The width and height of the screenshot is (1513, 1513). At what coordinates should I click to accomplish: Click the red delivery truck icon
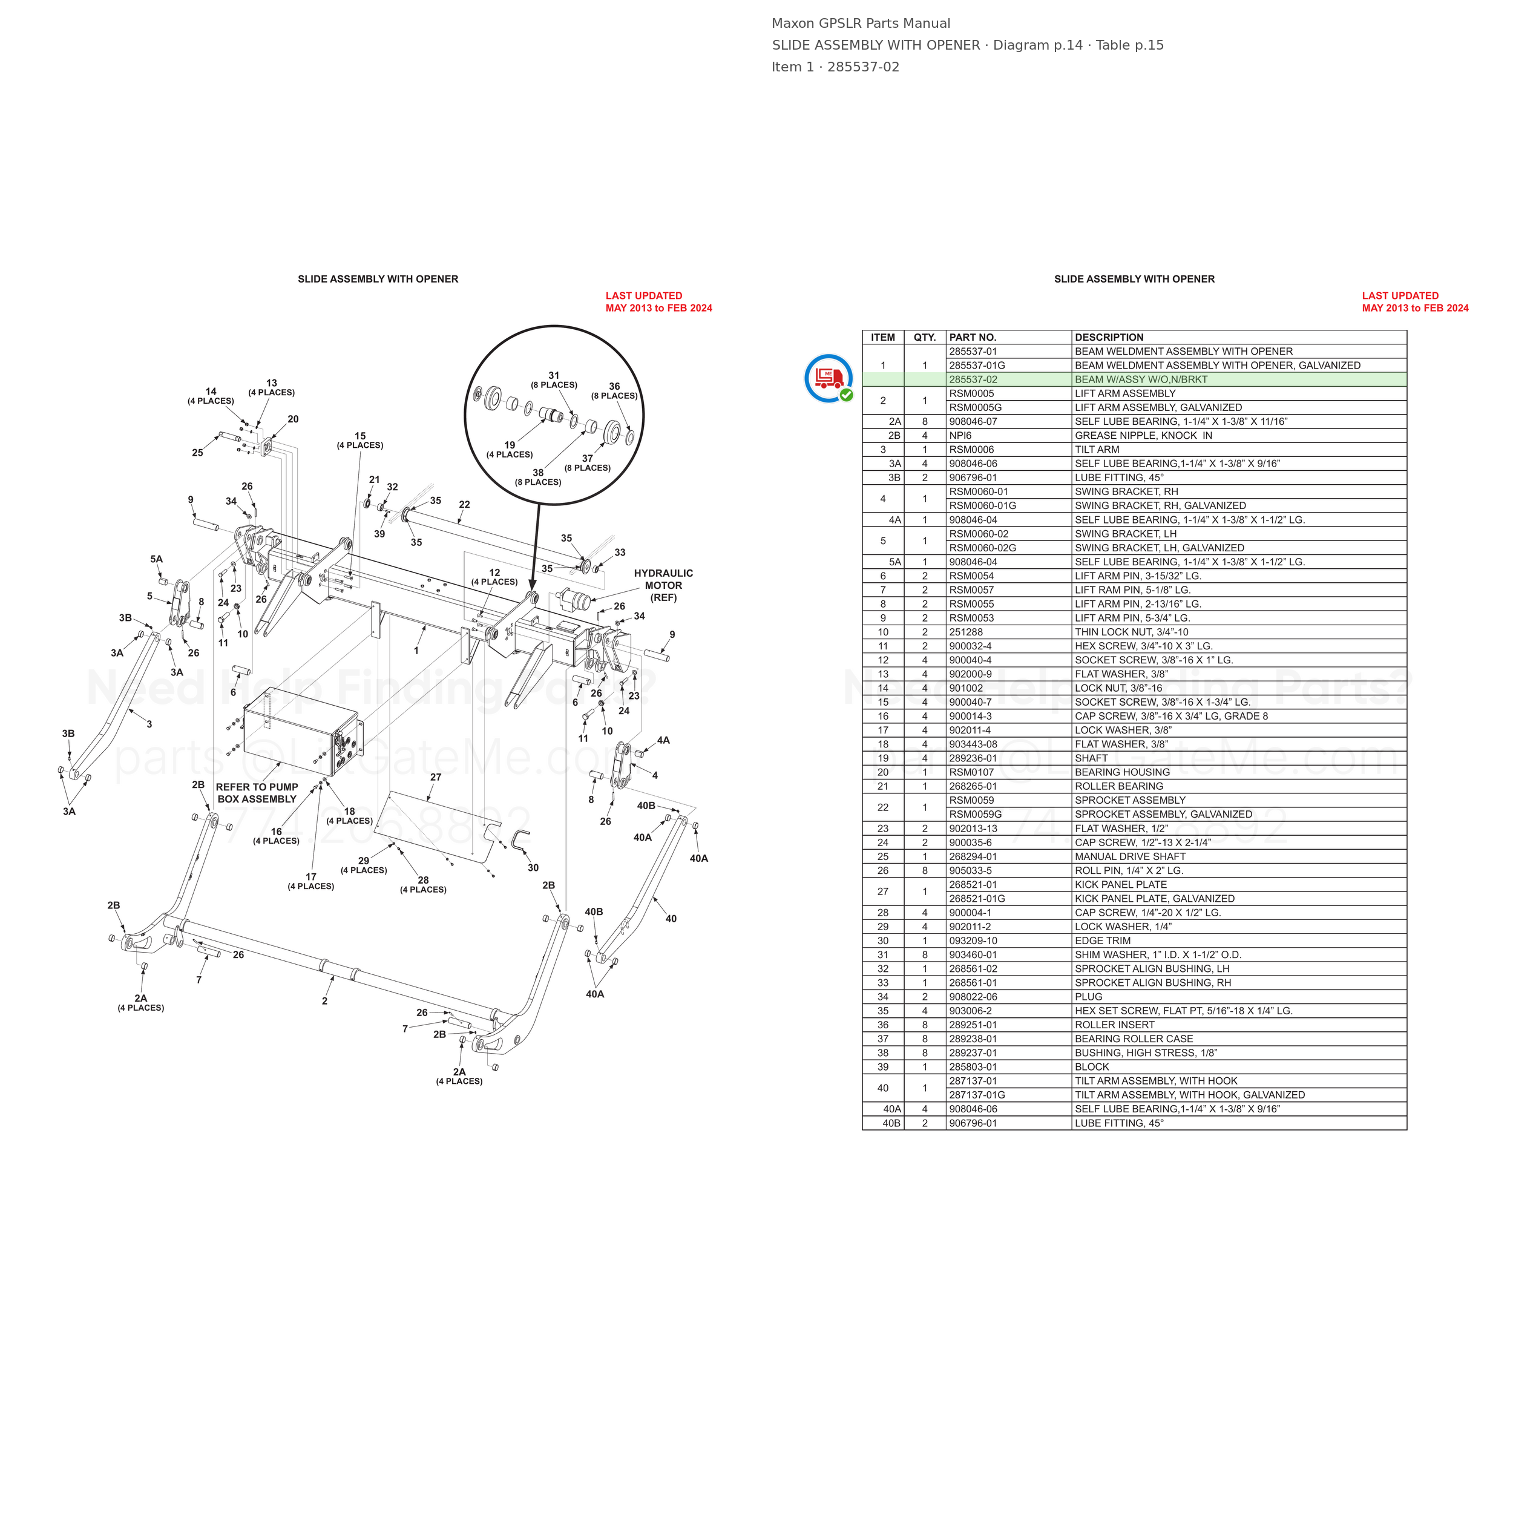(829, 378)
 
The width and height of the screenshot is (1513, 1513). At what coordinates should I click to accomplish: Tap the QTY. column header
(925, 338)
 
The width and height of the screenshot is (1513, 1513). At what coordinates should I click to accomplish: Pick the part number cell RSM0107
(972, 772)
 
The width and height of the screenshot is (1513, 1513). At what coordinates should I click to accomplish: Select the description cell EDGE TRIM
(1103, 940)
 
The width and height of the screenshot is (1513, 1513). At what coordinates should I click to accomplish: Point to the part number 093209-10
(973, 940)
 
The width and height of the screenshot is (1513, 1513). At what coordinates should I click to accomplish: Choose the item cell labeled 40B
(892, 1123)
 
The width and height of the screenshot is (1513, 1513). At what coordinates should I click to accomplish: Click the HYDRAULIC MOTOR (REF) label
(663, 586)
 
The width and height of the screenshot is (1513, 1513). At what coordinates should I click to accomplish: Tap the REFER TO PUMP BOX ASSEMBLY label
(257, 793)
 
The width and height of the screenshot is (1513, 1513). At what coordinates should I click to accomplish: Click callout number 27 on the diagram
(435, 778)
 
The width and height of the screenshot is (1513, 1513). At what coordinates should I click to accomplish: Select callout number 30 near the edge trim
(533, 868)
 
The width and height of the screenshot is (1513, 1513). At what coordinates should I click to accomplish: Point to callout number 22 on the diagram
(464, 505)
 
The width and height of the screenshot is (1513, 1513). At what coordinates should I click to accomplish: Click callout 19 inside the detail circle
(510, 445)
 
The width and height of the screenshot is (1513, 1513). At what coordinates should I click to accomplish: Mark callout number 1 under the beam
(416, 651)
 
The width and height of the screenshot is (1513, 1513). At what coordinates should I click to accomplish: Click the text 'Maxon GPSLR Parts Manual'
(861, 24)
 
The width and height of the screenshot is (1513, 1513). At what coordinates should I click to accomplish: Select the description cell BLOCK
(1092, 1066)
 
